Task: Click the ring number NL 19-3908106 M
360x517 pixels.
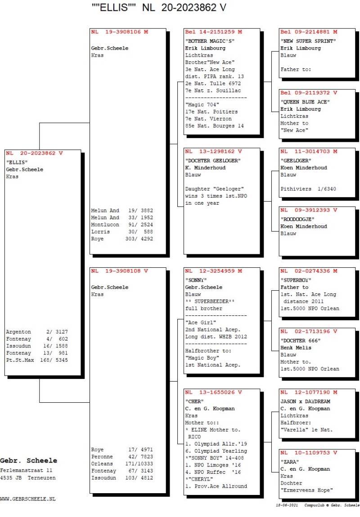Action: (119, 32)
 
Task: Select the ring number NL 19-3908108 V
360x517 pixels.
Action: (119, 271)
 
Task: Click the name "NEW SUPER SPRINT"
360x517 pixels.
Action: (308, 41)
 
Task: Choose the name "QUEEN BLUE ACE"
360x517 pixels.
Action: (305, 102)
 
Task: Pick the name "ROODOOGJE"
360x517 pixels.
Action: (297, 219)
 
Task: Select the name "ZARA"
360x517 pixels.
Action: (290, 462)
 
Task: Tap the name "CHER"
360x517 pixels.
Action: (194, 401)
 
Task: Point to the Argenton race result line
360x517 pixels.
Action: (37, 332)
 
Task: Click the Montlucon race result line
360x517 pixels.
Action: (122, 225)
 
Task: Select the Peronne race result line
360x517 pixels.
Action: (122, 456)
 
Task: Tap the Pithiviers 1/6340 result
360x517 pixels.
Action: (308, 189)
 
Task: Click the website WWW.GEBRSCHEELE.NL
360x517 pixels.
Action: (28, 499)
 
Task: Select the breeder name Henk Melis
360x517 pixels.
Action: (297, 347)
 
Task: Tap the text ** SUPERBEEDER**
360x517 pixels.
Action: (210, 301)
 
